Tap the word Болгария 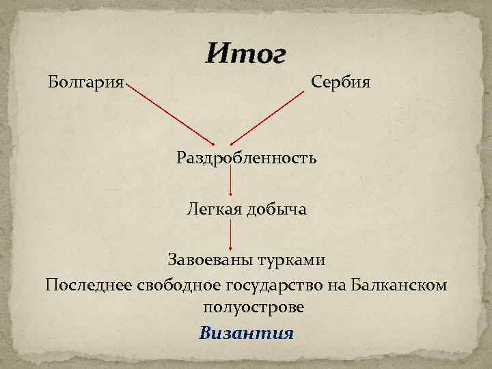pyautogui.click(x=86, y=83)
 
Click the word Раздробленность pyautogui.click(x=247, y=159)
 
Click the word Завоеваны pyautogui.click(x=210, y=260)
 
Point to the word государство pyautogui.click(x=271, y=284)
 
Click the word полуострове pyautogui.click(x=254, y=307)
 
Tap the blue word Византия pyautogui.click(x=247, y=333)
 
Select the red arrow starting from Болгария pyautogui.click(x=172, y=115)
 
